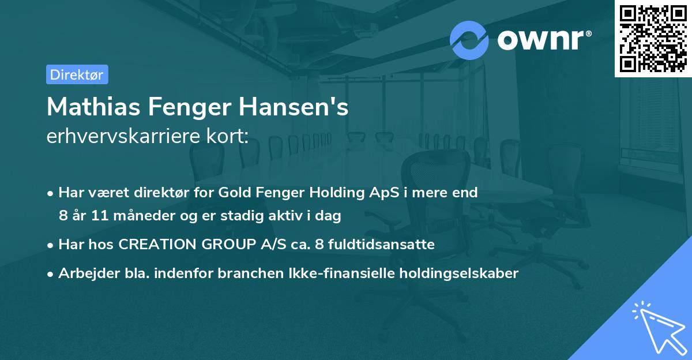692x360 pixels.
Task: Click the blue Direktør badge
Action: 77,74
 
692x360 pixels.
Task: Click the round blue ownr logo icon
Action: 469,40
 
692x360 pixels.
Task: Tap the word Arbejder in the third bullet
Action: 86,273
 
